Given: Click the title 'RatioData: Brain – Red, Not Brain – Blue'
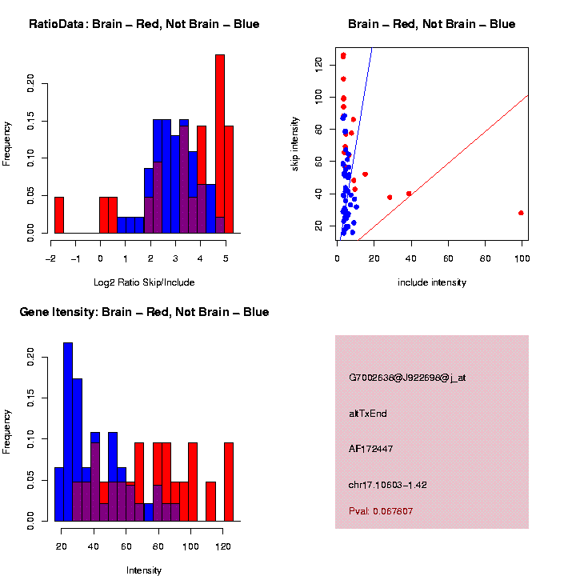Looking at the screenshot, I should [x=144, y=24].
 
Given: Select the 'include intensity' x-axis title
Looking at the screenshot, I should [x=431, y=282].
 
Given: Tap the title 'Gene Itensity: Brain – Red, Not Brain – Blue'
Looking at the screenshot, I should [x=144, y=312].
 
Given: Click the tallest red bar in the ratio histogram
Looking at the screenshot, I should [x=220, y=144].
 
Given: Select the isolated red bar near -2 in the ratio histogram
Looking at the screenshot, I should [x=58, y=215].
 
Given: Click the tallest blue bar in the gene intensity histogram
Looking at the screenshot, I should [x=68, y=432].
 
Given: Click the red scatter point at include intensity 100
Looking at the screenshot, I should [x=521, y=213].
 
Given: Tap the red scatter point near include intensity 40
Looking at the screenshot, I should [x=409, y=194].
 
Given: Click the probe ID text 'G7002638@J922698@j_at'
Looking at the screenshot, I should [x=407, y=378].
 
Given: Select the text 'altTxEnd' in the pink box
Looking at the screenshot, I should [x=367, y=414].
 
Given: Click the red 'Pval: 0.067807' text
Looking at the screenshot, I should [x=381, y=510].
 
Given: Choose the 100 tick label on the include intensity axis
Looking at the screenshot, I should [x=522, y=260].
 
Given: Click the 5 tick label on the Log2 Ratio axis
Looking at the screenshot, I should [x=226, y=258].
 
